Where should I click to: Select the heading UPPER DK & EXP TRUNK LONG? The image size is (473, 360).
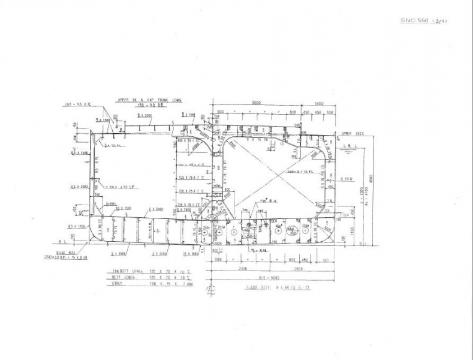pyautogui.click(x=149, y=100)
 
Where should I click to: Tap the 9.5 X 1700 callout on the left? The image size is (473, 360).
pyautogui.click(x=79, y=227)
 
